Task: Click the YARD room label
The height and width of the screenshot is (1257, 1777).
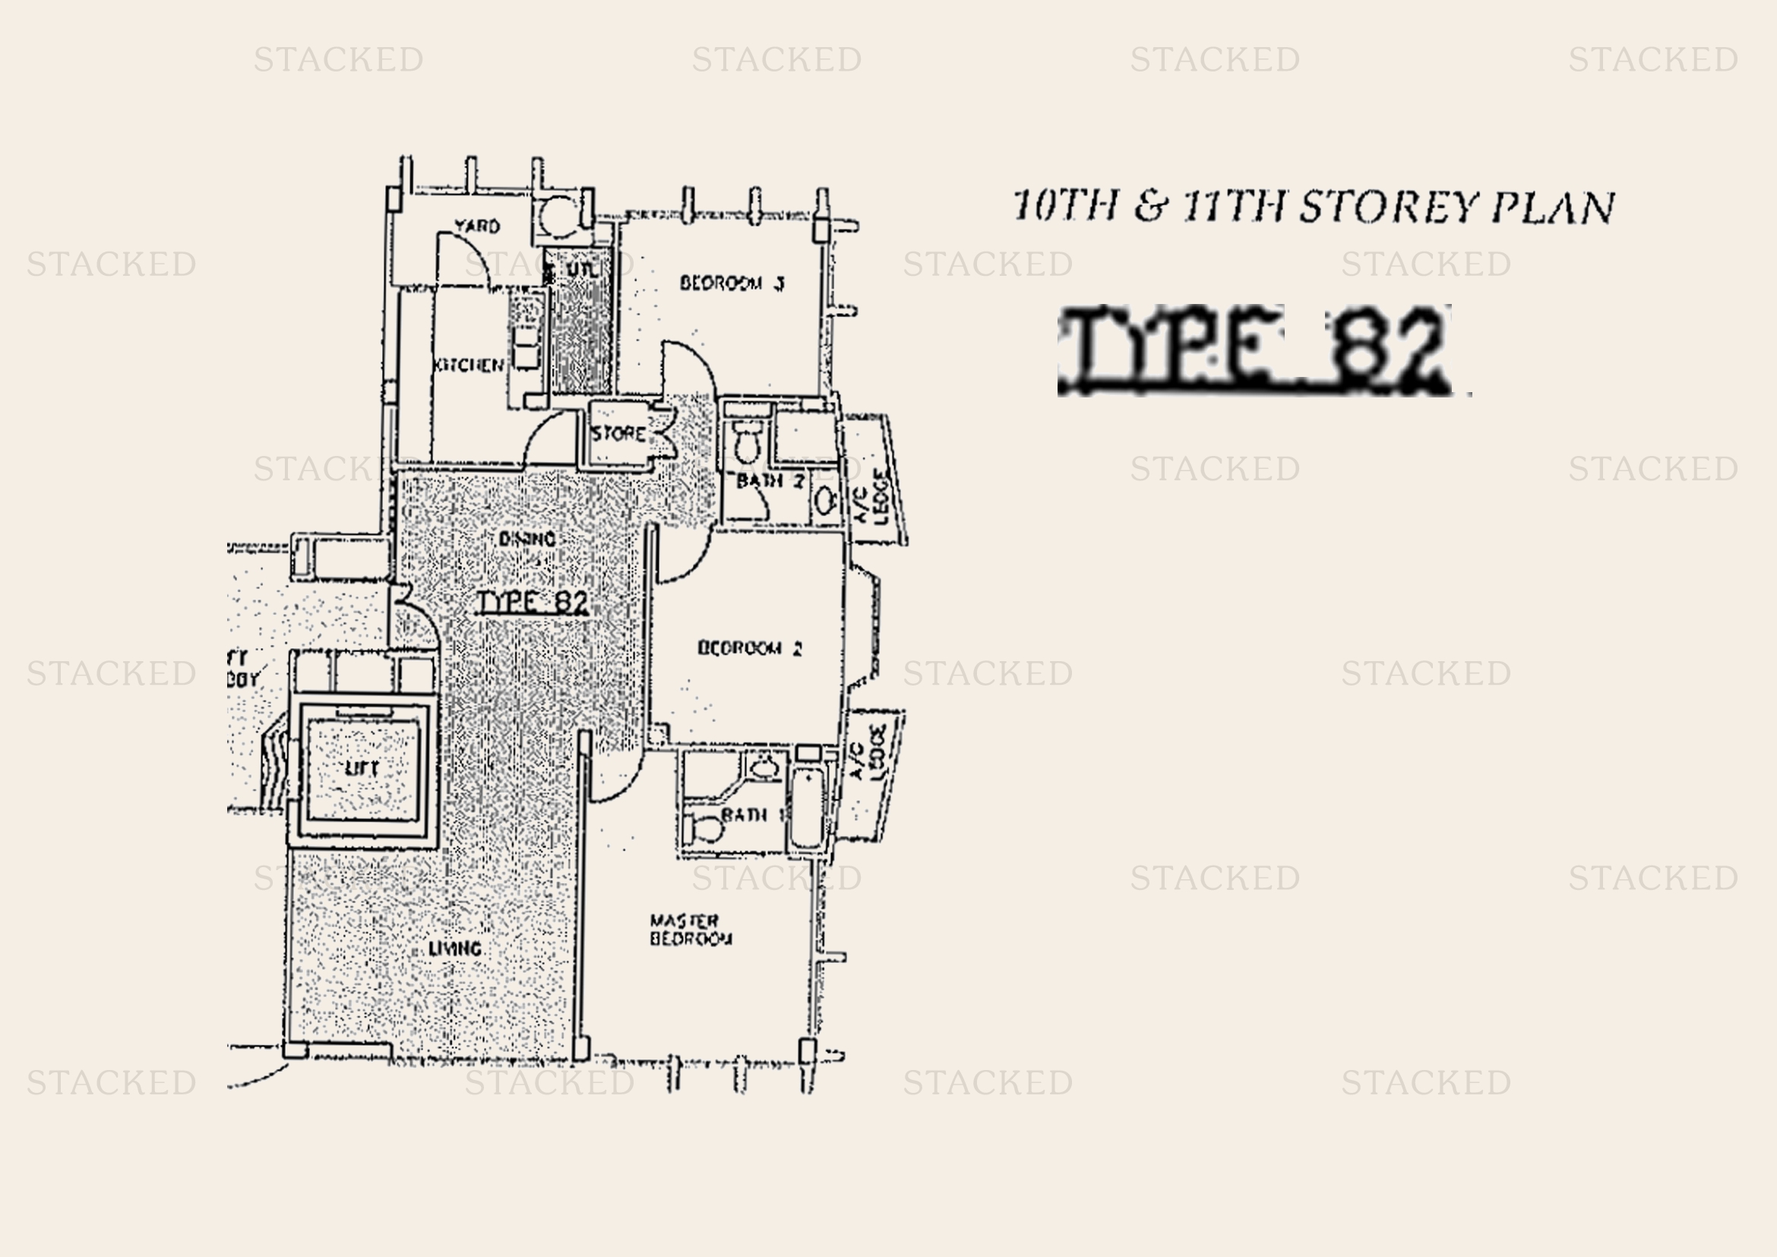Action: (x=477, y=226)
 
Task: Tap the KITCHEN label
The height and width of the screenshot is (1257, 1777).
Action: (x=469, y=365)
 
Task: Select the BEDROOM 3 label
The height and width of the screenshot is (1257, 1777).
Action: (x=732, y=283)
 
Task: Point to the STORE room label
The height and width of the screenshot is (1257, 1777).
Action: (x=618, y=433)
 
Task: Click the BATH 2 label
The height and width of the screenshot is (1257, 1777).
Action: (x=770, y=481)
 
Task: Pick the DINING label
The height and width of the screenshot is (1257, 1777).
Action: (x=527, y=539)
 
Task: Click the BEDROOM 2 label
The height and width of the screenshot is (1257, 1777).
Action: (x=749, y=647)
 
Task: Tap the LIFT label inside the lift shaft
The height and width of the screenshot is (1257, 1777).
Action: (x=362, y=768)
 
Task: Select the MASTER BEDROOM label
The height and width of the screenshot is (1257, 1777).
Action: (x=690, y=929)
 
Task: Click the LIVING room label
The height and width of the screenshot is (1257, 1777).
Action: (x=455, y=948)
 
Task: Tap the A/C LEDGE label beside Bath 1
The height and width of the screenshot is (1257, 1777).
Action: (x=867, y=753)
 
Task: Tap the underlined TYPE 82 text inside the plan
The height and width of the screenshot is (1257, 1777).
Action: (x=533, y=602)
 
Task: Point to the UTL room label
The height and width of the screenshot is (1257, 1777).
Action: (x=581, y=270)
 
